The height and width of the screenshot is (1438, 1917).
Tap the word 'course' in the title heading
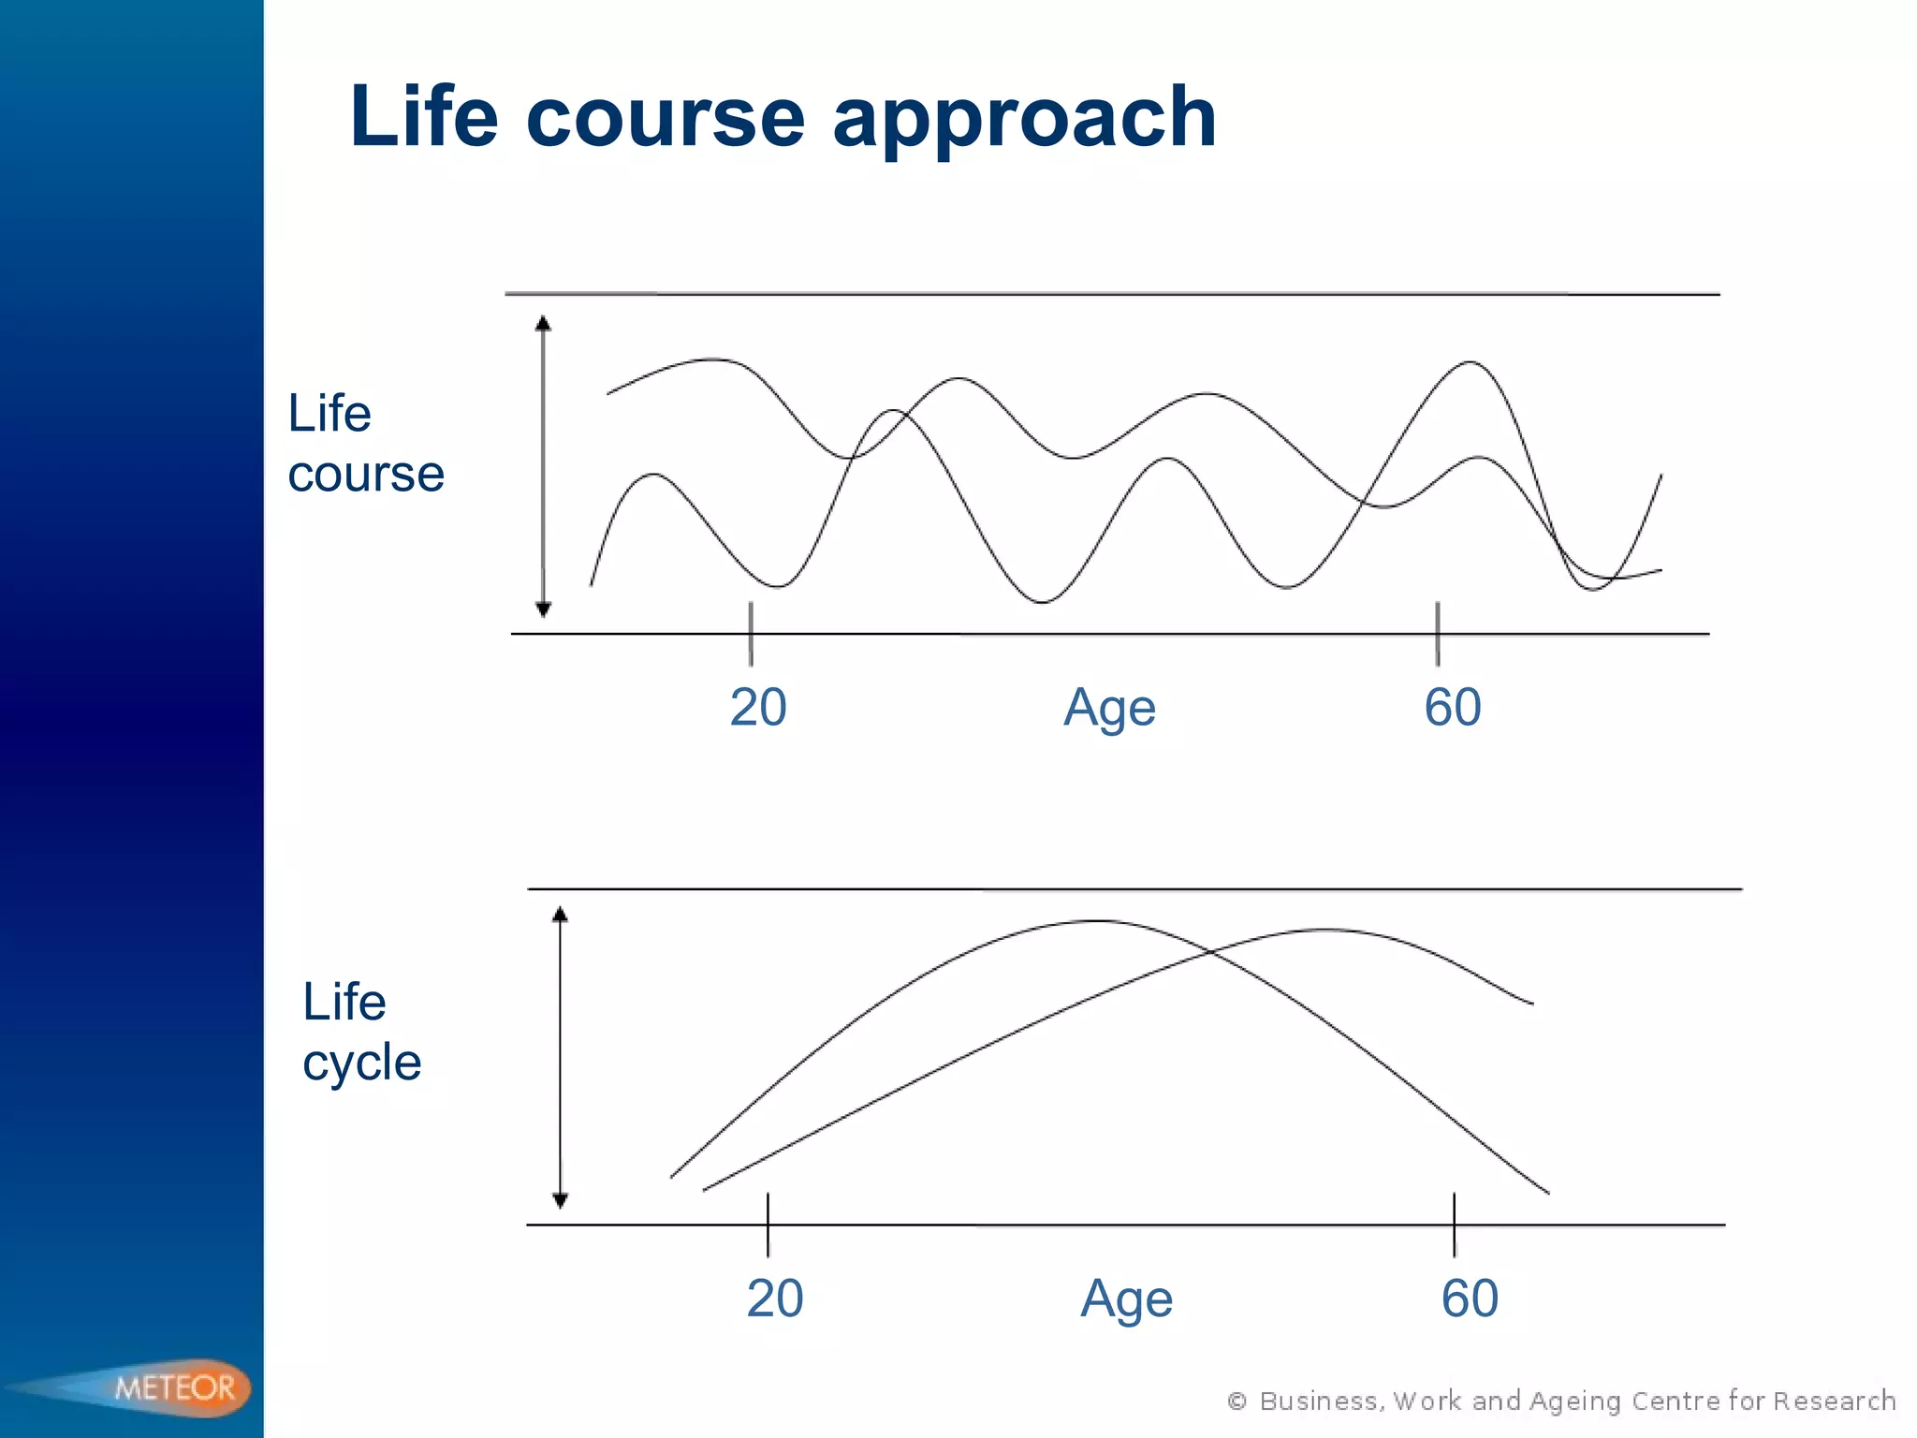665,120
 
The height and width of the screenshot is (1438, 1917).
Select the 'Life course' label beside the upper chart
365,443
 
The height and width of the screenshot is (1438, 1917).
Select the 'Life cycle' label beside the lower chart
361,1032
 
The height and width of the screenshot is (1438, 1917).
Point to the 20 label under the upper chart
758,707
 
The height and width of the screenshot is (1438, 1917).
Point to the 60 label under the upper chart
1453,707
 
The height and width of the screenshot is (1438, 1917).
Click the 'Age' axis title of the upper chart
1109,709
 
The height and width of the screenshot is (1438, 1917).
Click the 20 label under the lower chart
775,1298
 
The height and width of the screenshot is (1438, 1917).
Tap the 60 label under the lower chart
1470,1298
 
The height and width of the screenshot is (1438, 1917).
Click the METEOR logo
175,1387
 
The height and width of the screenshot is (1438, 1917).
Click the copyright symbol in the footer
1237,1401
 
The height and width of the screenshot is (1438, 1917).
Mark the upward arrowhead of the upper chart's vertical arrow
543,324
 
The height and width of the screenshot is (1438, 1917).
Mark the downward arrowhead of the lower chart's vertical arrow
560,1200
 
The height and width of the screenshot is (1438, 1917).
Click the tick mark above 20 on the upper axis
751,633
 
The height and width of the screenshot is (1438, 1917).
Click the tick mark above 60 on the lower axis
1454,1224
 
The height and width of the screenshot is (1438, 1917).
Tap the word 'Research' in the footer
1834,1401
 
